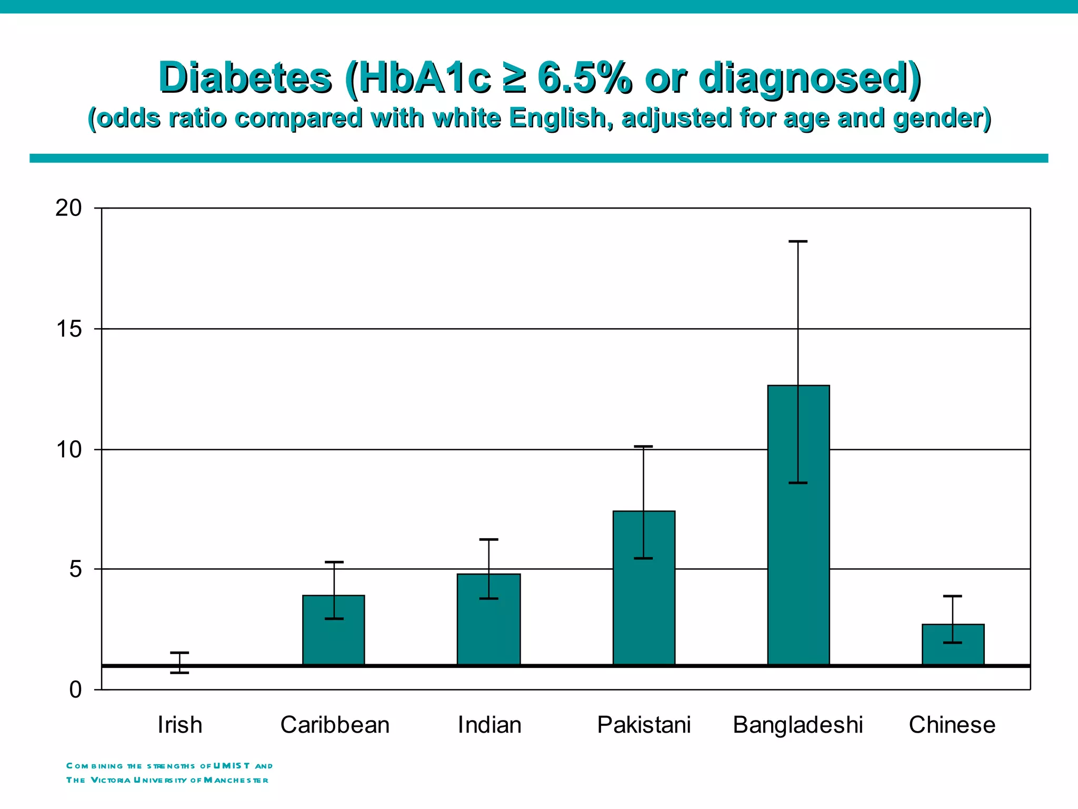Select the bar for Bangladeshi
pyautogui.click(x=798, y=527)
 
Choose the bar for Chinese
pyautogui.click(x=953, y=645)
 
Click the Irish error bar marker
pyautogui.click(x=179, y=663)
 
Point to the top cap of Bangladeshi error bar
pyautogui.click(x=798, y=241)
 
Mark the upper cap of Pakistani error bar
pyautogui.click(x=643, y=447)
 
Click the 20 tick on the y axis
pyautogui.click(x=69, y=209)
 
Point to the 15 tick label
pyautogui.click(x=69, y=329)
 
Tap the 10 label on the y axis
pyautogui.click(x=69, y=450)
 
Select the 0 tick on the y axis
pyautogui.click(x=76, y=690)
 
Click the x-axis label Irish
pyautogui.click(x=179, y=725)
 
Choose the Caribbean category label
pyautogui.click(x=335, y=725)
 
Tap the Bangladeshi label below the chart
pyautogui.click(x=798, y=725)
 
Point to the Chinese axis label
pyautogui.click(x=952, y=725)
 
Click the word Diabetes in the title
pyautogui.click(x=245, y=78)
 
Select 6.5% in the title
pyautogui.click(x=584, y=78)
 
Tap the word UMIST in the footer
pyautogui.click(x=232, y=766)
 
